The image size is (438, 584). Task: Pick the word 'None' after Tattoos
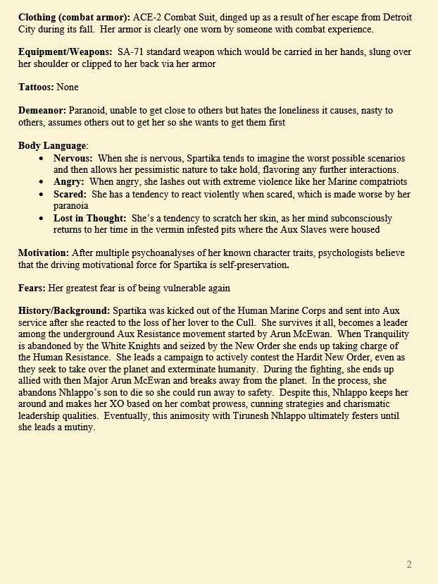click(x=68, y=87)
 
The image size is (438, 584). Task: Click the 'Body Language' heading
click(x=52, y=146)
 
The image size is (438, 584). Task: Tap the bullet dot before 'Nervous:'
click(x=44, y=159)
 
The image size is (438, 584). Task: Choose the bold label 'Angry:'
click(x=69, y=182)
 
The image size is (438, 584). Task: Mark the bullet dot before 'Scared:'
click(x=44, y=194)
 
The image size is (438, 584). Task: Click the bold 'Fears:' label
click(x=33, y=288)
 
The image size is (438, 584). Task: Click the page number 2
click(x=409, y=564)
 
